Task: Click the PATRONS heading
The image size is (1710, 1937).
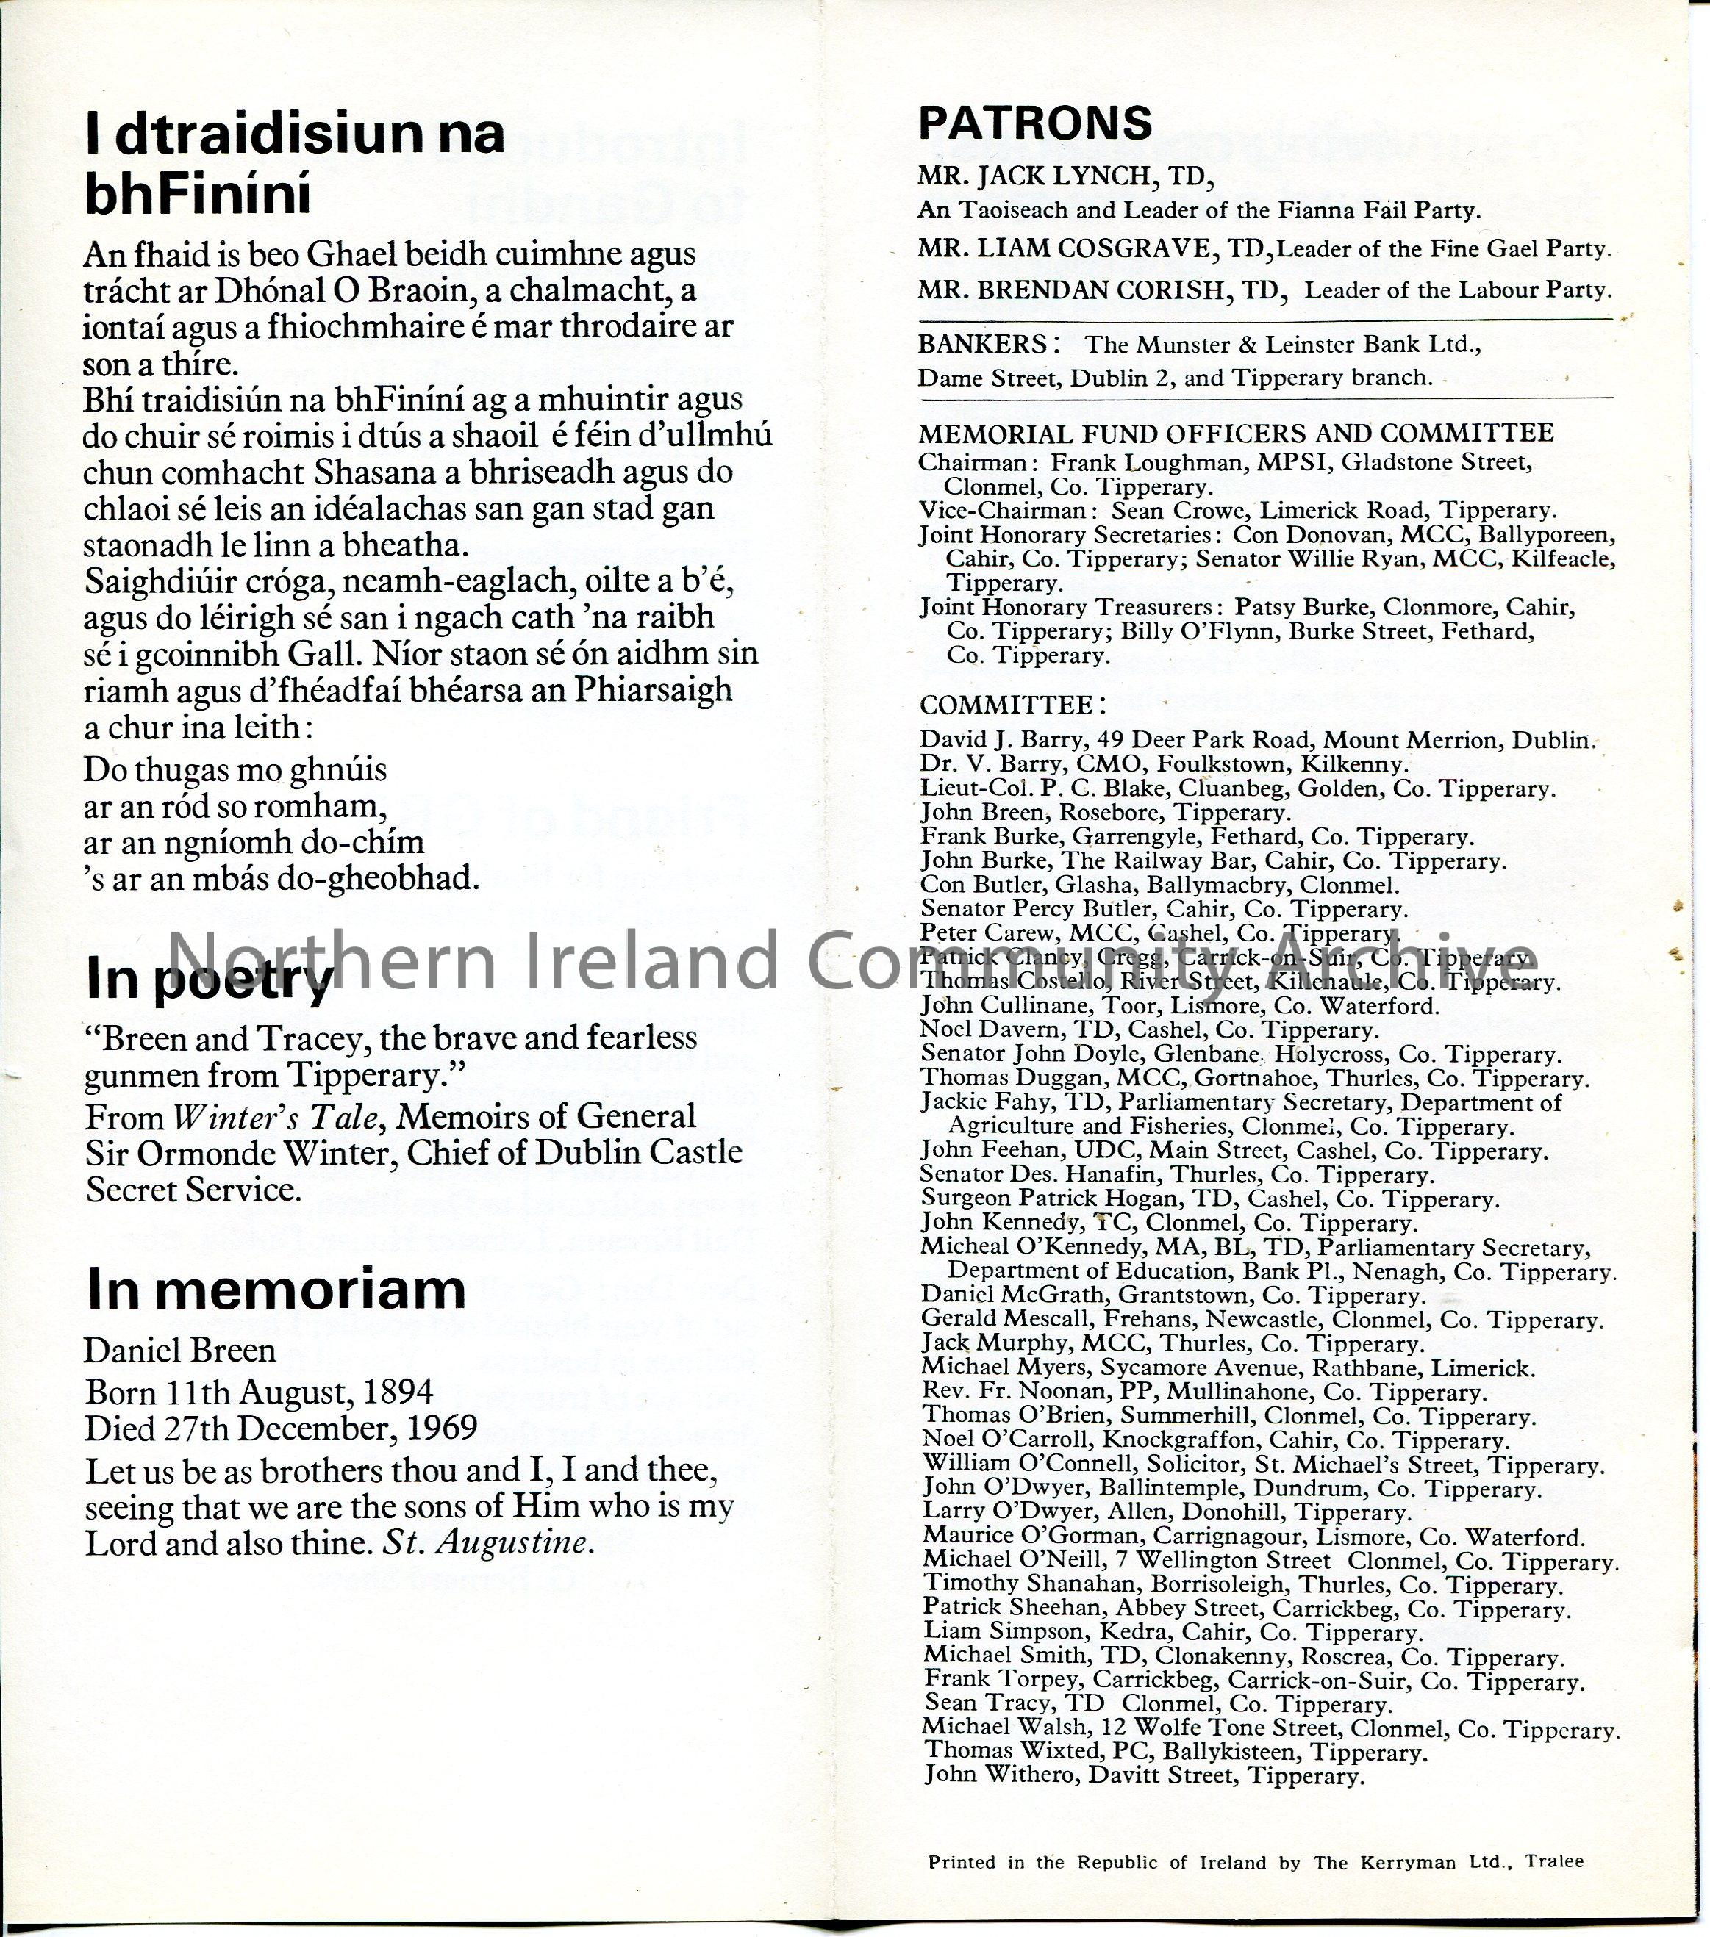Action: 1035,123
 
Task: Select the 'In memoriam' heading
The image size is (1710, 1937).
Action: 276,1289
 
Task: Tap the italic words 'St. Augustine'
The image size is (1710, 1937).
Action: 487,1544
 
